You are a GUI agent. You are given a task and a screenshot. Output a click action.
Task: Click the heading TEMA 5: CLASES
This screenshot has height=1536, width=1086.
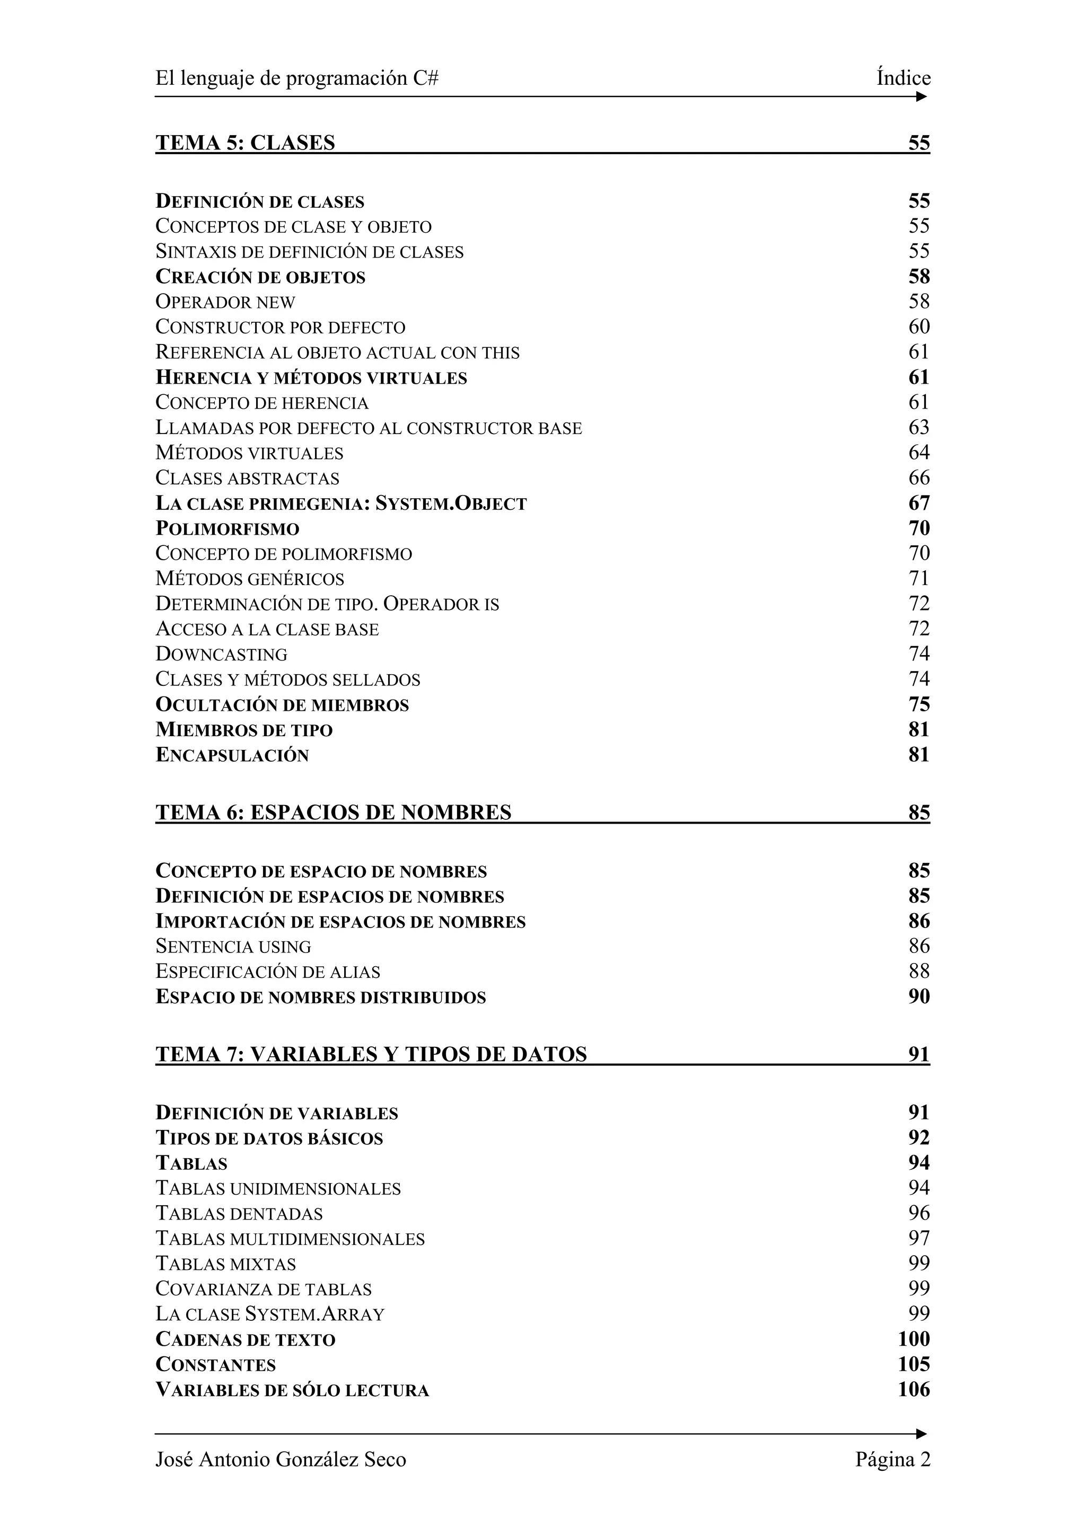tap(245, 143)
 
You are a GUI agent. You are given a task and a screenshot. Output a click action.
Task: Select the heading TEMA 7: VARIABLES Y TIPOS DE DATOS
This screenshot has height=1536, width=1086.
tap(371, 1054)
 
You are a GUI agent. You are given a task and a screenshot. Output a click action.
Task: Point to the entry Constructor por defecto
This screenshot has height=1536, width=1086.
tap(281, 327)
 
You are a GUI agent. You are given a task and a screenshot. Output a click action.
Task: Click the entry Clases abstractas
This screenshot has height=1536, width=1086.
tap(247, 478)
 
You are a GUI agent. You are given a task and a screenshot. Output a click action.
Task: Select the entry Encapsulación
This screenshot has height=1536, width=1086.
tap(232, 755)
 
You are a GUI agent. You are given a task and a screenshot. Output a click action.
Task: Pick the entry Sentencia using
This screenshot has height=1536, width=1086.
tap(233, 947)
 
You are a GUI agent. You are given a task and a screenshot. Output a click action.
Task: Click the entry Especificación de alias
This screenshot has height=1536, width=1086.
tap(268, 972)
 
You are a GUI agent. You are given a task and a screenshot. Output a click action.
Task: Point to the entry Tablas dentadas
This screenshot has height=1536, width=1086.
tap(239, 1214)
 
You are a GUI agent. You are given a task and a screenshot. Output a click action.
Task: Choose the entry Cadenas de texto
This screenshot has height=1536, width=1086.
tap(245, 1339)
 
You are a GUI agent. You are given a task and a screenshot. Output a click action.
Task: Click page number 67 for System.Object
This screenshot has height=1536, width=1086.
tap(919, 503)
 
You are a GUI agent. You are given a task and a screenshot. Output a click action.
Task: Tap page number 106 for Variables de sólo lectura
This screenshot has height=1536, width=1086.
tap(913, 1390)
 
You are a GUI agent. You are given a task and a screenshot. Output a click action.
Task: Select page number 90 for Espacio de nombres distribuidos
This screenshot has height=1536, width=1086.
tap(919, 997)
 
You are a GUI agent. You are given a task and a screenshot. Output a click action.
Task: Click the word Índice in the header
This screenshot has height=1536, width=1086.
tap(904, 78)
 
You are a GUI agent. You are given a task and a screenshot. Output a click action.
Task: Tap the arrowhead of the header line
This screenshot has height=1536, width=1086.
tap(922, 97)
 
